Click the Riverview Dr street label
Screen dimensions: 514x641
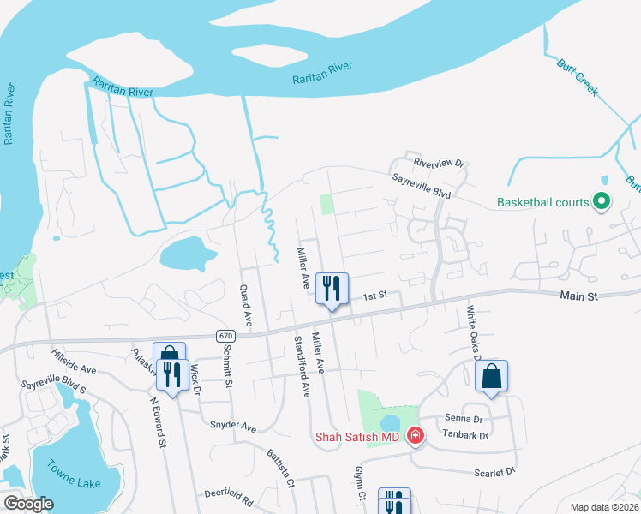point(438,162)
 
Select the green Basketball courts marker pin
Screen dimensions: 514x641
point(602,202)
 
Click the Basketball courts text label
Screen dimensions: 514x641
point(543,203)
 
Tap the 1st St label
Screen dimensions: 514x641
point(375,296)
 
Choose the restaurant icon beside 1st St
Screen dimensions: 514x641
point(332,288)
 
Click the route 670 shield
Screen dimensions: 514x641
point(225,335)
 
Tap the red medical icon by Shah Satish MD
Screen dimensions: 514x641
point(416,436)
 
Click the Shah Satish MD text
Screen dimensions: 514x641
point(358,437)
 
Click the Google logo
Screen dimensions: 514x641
point(28,504)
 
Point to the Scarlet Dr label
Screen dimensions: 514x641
point(494,472)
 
